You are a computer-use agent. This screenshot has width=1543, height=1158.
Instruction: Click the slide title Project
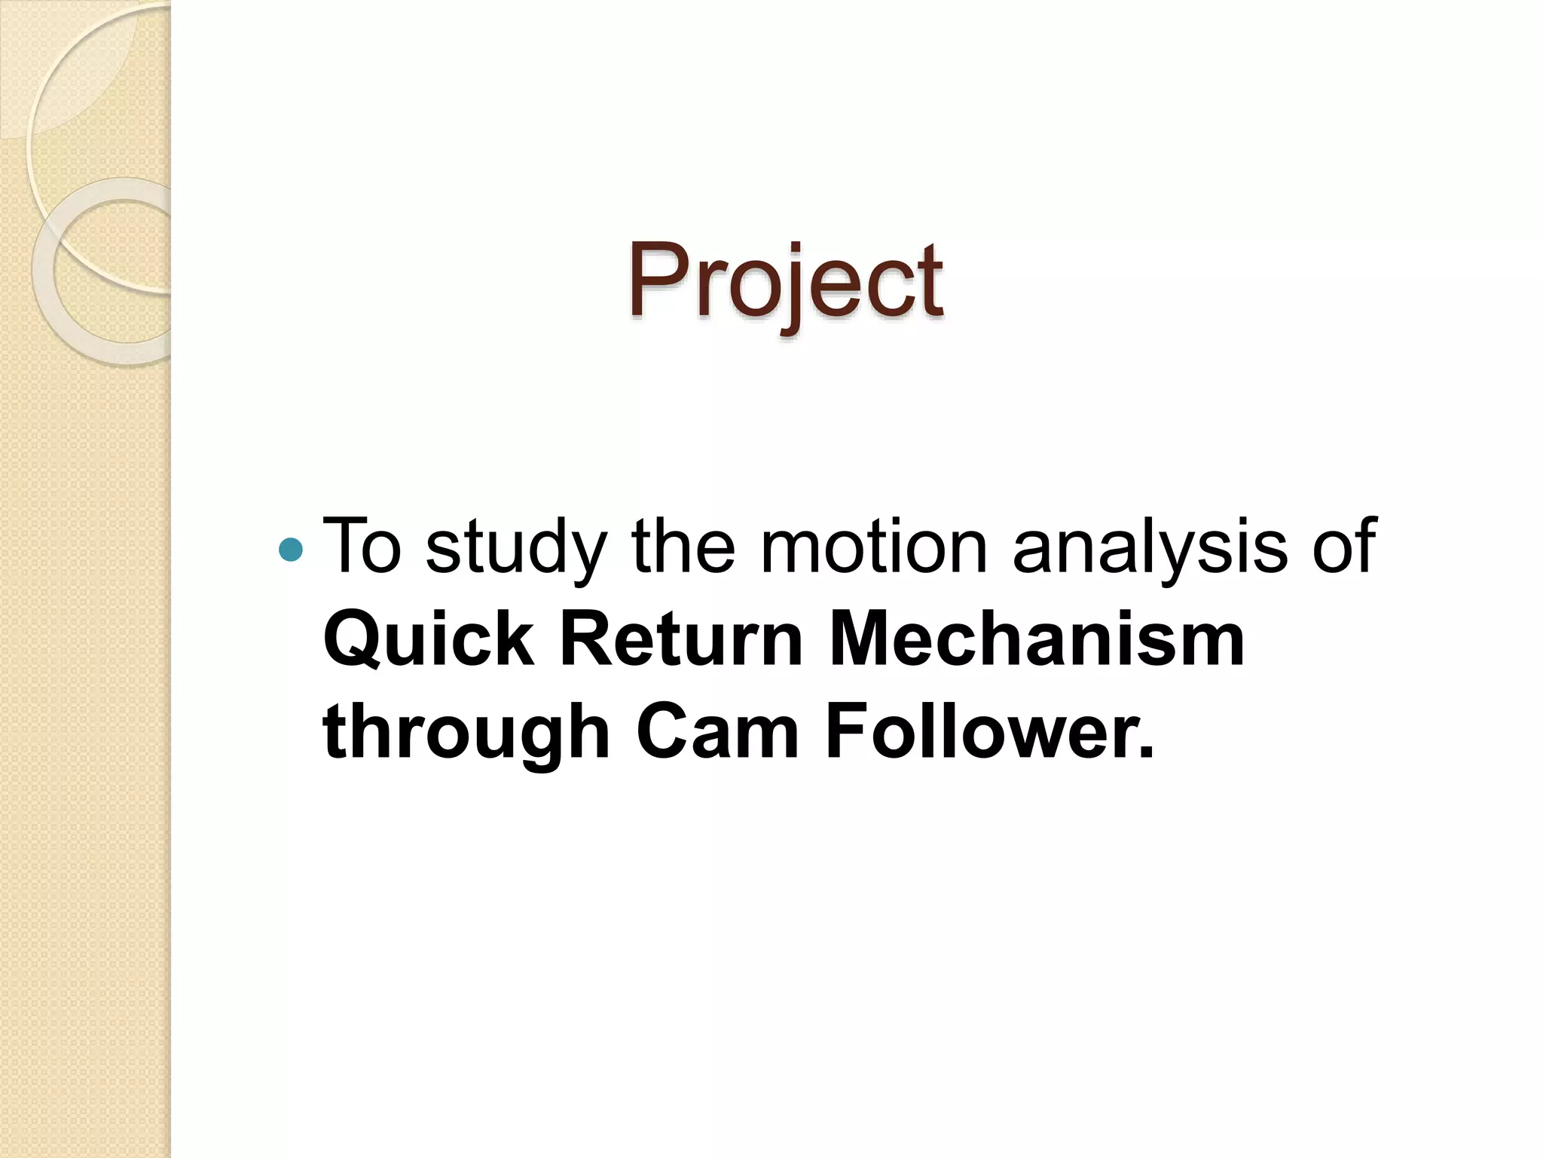(x=785, y=280)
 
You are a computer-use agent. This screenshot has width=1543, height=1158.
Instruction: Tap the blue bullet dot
(x=290, y=550)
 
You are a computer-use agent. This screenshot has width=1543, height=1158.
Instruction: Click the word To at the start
(x=362, y=545)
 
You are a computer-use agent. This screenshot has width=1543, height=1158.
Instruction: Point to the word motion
(x=873, y=545)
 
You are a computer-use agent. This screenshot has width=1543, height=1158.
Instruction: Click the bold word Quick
(x=428, y=640)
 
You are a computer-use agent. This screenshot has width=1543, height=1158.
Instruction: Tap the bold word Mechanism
(x=1037, y=640)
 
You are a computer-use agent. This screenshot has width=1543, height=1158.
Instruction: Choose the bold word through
(x=466, y=735)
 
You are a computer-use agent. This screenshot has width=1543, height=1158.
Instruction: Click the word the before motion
(x=683, y=545)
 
